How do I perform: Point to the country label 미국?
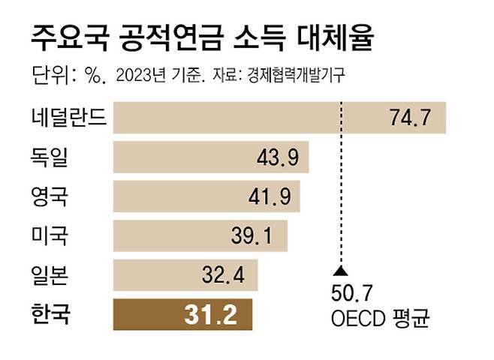click(x=51, y=237)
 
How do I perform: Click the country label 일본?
click(x=51, y=275)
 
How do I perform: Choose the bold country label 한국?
click(x=51, y=314)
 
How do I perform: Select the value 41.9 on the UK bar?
click(x=269, y=197)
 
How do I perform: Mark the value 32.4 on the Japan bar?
click(x=224, y=275)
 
